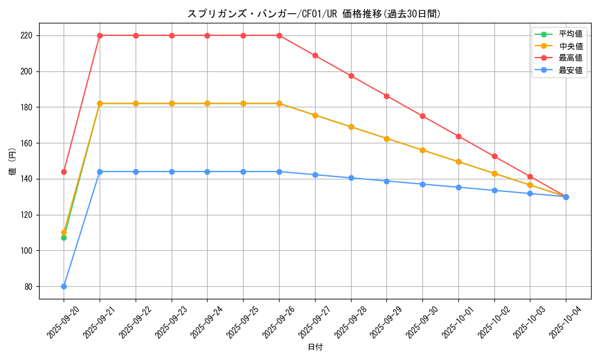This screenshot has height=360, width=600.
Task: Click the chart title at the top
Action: click(314, 14)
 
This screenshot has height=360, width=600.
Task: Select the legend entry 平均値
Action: click(571, 34)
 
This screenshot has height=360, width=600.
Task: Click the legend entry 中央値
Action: click(571, 46)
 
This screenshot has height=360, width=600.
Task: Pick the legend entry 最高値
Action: click(571, 58)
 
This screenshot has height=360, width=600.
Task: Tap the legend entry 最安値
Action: click(571, 70)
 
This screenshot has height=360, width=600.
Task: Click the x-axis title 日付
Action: click(314, 347)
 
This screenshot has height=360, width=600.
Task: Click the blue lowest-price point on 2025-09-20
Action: click(64, 286)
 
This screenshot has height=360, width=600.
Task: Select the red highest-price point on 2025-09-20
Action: click(64, 172)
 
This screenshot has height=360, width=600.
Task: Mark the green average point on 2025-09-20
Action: click(64, 238)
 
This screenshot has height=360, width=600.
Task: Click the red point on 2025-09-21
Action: click(100, 35)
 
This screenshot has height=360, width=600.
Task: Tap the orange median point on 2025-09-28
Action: click(351, 127)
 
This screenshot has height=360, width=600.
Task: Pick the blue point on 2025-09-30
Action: click(422, 184)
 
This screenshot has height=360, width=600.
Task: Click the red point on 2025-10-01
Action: click(458, 136)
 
